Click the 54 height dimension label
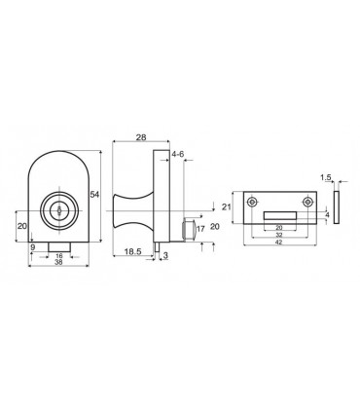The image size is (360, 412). point(94,195)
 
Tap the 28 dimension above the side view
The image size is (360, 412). point(141,137)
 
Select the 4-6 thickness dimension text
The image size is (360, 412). point(178,154)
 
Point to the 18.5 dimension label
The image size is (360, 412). point(132,251)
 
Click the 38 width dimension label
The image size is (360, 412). point(58,262)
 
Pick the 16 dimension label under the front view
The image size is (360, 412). point(59,256)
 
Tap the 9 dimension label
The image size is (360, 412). point(32,247)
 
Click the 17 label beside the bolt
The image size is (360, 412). point(200,229)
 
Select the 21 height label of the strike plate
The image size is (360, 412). point(227,206)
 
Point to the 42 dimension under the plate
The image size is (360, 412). point(279,242)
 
